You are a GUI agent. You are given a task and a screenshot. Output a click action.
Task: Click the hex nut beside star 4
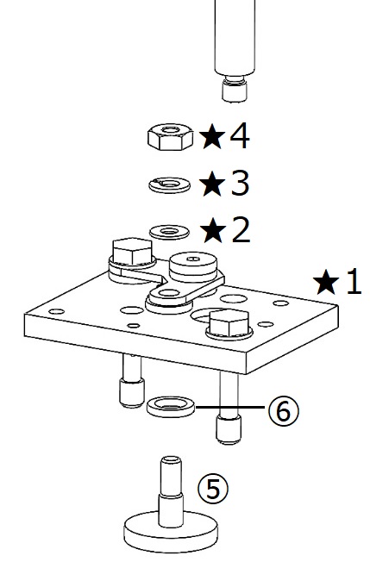point(170,136)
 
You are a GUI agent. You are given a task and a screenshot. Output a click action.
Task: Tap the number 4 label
point(240,135)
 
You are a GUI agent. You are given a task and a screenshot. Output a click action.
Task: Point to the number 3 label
point(240,183)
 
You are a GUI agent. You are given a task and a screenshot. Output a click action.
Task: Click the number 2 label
point(241,230)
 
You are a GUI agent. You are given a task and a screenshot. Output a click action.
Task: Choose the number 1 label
point(354,281)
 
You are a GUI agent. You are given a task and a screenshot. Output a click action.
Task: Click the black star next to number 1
point(326,282)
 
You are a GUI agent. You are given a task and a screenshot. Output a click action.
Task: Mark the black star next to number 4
point(212,136)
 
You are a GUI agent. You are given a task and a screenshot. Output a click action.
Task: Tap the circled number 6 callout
point(283,411)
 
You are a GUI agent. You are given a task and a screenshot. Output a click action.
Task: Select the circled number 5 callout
point(213,488)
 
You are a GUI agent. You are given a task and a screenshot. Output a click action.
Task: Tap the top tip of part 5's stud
point(171,458)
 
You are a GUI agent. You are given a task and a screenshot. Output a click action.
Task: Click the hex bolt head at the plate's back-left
point(132,251)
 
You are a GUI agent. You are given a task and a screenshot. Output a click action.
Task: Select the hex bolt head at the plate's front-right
point(229,323)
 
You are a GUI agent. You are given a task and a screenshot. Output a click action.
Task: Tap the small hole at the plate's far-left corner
point(56,311)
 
